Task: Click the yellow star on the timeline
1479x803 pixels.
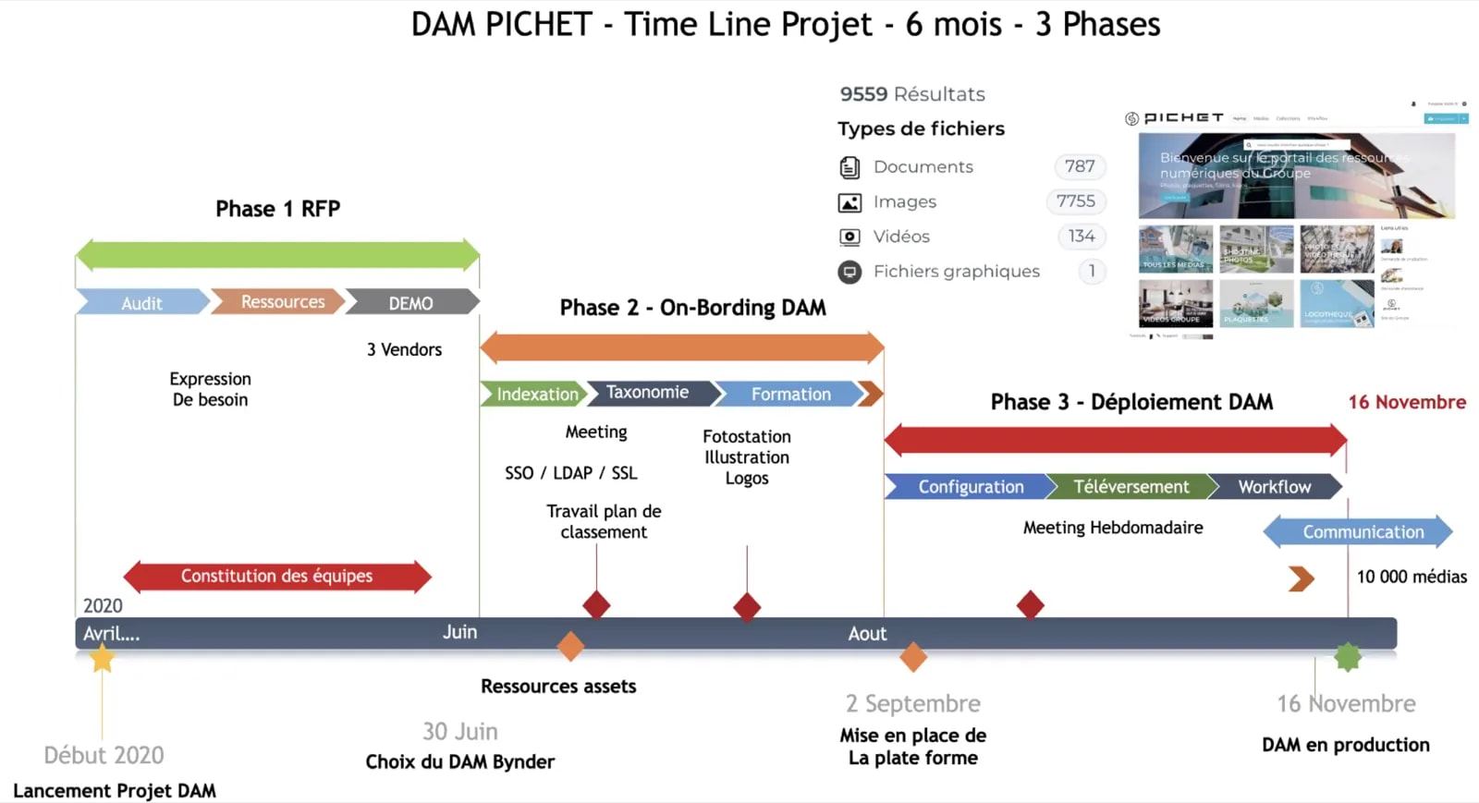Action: (102, 658)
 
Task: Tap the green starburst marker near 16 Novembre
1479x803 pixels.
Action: (1348, 657)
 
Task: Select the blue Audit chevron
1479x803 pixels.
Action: (141, 303)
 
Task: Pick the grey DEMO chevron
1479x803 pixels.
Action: (411, 303)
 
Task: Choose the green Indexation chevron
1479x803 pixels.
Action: (533, 394)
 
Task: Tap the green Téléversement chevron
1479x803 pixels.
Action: (1130, 486)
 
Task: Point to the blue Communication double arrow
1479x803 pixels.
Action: (1358, 531)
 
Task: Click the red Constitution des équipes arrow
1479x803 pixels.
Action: (277, 576)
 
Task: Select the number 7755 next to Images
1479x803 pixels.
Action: (1076, 201)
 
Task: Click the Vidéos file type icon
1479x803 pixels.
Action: (849, 237)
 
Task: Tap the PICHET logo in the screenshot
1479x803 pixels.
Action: (1175, 118)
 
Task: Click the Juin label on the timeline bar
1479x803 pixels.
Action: (459, 632)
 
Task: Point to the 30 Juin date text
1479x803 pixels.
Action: (460, 731)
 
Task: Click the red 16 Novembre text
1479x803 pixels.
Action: (1406, 402)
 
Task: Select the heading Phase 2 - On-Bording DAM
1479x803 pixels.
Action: (692, 308)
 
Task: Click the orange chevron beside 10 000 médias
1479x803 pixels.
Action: (1302, 578)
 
